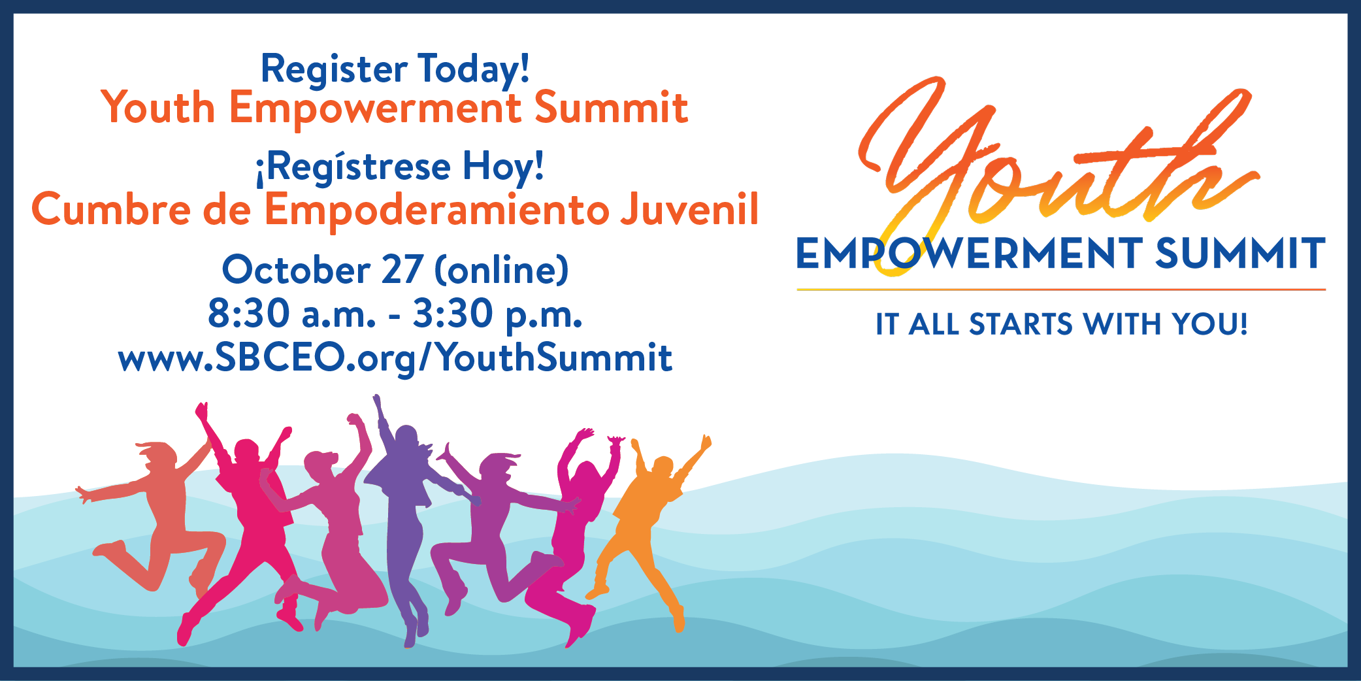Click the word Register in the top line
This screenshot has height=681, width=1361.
[334, 69]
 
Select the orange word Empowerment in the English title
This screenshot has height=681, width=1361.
[375, 108]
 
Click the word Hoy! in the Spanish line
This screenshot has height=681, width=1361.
[503, 166]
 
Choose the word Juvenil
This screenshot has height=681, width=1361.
[689, 210]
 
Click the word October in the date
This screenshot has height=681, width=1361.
[296, 269]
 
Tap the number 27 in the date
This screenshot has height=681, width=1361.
[402, 269]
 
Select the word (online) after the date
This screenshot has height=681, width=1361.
[501, 269]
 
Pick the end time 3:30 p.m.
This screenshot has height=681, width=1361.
[497, 314]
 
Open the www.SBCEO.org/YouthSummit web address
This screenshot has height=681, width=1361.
[395, 358]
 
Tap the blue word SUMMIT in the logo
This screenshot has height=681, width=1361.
[1239, 254]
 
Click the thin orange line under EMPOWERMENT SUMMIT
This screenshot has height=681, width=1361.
[1061, 289]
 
